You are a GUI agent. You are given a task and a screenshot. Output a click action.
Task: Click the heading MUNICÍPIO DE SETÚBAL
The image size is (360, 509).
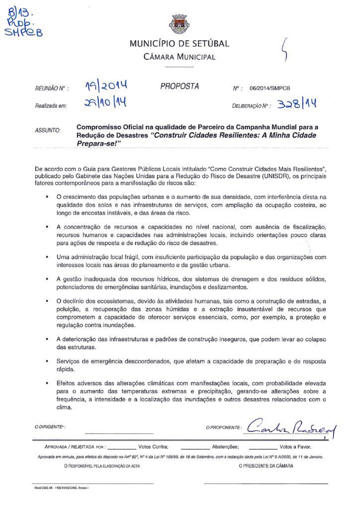(x=179, y=44)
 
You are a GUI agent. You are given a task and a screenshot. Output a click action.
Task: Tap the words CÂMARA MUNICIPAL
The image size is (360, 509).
(x=179, y=57)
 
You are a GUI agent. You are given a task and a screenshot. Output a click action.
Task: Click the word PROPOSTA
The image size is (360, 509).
(x=180, y=86)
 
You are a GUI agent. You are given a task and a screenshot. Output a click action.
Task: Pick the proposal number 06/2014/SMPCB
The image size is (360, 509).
(x=270, y=88)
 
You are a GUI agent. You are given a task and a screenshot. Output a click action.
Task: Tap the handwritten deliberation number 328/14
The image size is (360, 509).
(x=297, y=104)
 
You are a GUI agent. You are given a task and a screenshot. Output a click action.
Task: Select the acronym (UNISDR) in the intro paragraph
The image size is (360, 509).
(x=281, y=175)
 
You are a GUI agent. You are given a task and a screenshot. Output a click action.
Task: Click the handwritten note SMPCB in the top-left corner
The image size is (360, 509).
(x=23, y=32)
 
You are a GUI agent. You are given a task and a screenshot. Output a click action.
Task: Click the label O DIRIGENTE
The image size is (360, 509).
(x=50, y=427)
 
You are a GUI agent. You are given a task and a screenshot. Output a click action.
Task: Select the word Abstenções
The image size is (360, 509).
(x=225, y=447)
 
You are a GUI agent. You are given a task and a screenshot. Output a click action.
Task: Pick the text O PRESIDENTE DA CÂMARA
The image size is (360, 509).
(x=266, y=466)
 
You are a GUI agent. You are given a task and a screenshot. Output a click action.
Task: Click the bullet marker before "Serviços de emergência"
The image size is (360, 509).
(x=46, y=361)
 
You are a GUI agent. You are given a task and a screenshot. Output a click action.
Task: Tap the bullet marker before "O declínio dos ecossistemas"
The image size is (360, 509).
(x=46, y=302)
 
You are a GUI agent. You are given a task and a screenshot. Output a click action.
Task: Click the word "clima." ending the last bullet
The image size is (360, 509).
(x=65, y=408)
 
